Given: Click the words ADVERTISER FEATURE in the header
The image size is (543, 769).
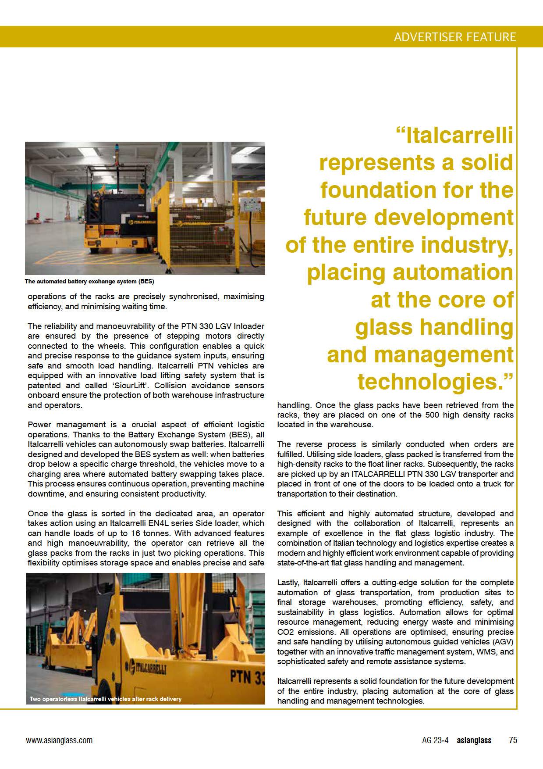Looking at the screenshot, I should point(454,37).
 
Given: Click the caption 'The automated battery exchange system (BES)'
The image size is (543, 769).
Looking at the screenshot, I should point(89,281).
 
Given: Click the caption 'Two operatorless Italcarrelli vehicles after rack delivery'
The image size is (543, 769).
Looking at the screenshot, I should point(105,699).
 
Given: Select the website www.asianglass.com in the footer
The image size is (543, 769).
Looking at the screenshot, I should point(59,740).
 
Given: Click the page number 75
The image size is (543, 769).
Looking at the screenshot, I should point(513,740).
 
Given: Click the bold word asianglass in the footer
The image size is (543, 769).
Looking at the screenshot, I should point(474,740).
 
